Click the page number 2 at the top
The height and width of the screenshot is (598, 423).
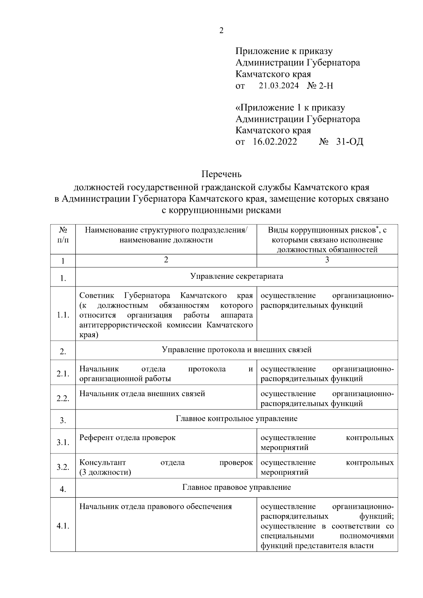point(221,31)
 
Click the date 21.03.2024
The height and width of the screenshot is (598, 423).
point(278,86)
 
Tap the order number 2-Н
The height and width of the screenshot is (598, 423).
point(325,86)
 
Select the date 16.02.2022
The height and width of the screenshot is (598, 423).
point(275,142)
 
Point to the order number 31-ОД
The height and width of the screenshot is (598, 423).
point(350,142)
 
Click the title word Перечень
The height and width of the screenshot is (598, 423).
point(221,174)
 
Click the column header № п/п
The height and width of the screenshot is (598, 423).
point(63,235)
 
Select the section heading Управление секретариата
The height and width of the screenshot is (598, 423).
point(237,276)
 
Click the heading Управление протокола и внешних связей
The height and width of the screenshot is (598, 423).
point(237,350)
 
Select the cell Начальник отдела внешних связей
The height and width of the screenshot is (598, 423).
point(142,394)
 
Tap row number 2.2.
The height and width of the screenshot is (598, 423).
point(63,399)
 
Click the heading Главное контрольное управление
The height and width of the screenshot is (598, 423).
point(237,419)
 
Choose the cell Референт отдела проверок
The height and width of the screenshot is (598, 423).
point(127,438)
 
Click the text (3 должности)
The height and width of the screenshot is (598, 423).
point(105,472)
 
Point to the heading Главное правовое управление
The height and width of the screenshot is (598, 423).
point(237,487)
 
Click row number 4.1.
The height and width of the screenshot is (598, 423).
point(63,526)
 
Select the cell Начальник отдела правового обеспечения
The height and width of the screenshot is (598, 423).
point(155,507)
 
